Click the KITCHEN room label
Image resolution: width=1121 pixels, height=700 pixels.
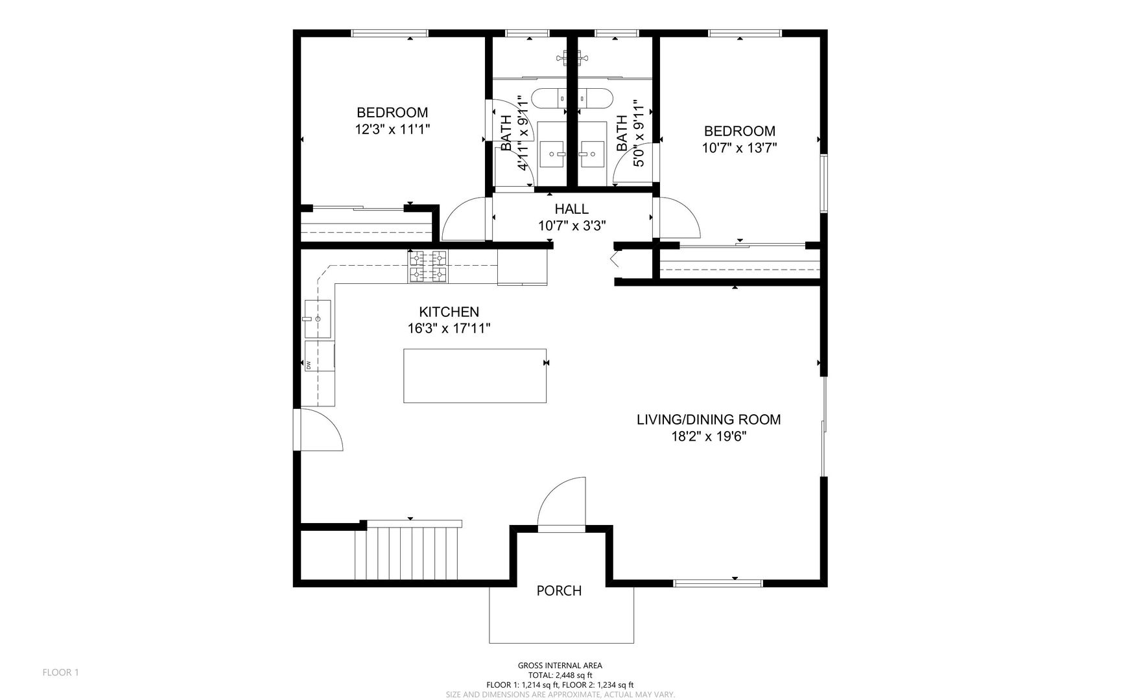click(449, 312)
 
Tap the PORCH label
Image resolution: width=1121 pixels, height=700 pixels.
click(559, 590)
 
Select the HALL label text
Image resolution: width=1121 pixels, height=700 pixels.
click(571, 209)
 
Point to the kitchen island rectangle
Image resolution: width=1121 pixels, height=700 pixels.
click(475, 375)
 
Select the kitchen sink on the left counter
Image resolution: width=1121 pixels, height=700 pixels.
click(318, 319)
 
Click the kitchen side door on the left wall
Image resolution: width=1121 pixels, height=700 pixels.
click(318, 429)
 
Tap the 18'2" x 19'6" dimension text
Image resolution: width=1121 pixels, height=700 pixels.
click(709, 436)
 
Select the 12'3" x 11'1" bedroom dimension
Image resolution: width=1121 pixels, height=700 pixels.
click(392, 129)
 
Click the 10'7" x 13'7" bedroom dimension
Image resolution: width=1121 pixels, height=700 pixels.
click(739, 147)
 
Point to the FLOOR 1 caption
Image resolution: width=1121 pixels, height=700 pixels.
click(60, 672)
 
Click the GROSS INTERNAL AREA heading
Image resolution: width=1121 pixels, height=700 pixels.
click(560, 665)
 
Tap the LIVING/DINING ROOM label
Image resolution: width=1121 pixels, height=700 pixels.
click(709, 419)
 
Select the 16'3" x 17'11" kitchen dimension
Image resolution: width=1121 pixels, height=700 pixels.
click(449, 329)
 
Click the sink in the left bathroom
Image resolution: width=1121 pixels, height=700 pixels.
click(553, 154)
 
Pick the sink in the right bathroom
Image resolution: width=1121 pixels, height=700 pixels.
click(593, 154)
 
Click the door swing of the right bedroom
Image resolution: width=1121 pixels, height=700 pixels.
click(677, 218)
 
